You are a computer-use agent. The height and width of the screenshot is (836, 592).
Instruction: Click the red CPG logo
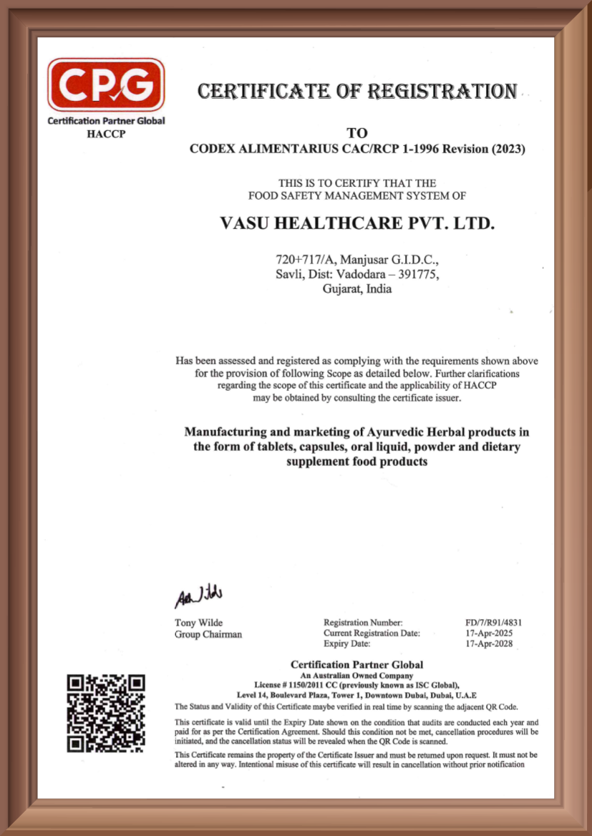click(106, 85)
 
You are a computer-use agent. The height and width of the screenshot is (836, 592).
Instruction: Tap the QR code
click(106, 713)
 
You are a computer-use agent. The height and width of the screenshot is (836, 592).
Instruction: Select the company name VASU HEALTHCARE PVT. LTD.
click(357, 223)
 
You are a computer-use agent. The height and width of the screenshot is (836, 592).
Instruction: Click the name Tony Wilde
click(198, 623)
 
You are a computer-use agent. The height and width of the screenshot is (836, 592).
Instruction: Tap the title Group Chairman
click(208, 634)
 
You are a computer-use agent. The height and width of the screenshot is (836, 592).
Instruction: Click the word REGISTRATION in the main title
click(442, 92)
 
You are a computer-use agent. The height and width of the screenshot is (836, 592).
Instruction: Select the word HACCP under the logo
click(105, 134)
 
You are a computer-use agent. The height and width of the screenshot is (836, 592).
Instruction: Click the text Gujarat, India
click(357, 290)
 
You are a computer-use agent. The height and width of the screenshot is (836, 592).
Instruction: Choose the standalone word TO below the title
click(356, 133)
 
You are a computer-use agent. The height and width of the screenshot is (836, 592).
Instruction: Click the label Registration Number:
click(363, 623)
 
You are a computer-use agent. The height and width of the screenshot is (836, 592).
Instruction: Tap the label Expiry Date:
click(348, 643)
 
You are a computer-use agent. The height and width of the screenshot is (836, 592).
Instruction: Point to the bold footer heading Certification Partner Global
click(356, 665)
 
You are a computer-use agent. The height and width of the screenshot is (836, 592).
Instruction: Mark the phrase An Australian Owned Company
click(356, 676)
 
